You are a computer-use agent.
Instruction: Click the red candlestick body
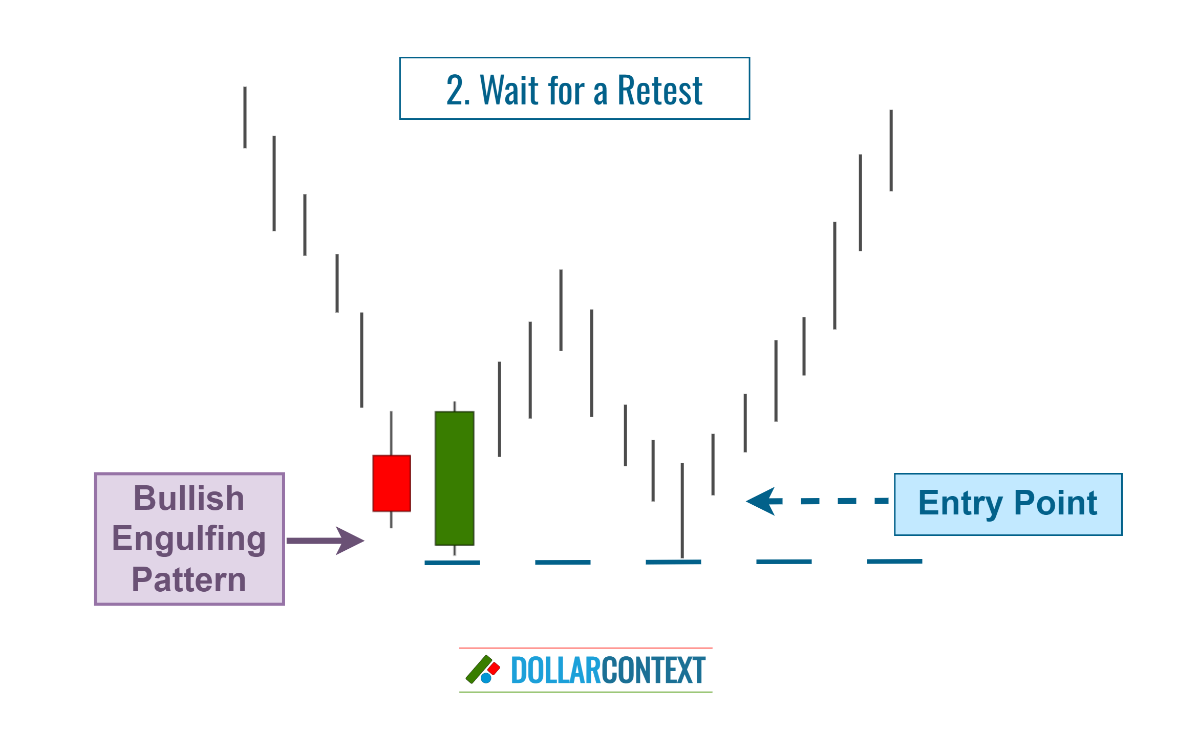pyautogui.click(x=392, y=483)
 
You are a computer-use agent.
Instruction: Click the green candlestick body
pyautogui.click(x=454, y=478)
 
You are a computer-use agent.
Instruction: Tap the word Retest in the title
pyautogui.click(x=660, y=90)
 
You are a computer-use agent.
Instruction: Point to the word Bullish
pyautogui.click(x=189, y=498)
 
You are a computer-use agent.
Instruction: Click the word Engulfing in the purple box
pyautogui.click(x=189, y=538)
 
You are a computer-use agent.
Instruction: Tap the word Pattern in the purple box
pyautogui.click(x=189, y=579)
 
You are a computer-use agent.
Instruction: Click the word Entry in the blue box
pyautogui.click(x=960, y=503)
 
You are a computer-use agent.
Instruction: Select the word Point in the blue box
pyautogui.click(x=1056, y=503)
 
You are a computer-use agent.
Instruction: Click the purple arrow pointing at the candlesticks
pyautogui.click(x=326, y=541)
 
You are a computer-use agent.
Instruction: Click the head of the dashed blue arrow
pyautogui.click(x=763, y=501)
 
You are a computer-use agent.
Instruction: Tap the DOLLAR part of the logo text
pyautogui.click(x=556, y=671)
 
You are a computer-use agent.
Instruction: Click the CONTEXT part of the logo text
pyautogui.click(x=654, y=671)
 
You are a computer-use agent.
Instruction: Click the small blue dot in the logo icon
pyautogui.click(x=486, y=678)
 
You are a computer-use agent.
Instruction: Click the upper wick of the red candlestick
pyautogui.click(x=391, y=433)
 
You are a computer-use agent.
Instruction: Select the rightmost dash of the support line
pyautogui.click(x=894, y=562)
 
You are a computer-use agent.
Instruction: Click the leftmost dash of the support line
pyautogui.click(x=452, y=563)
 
